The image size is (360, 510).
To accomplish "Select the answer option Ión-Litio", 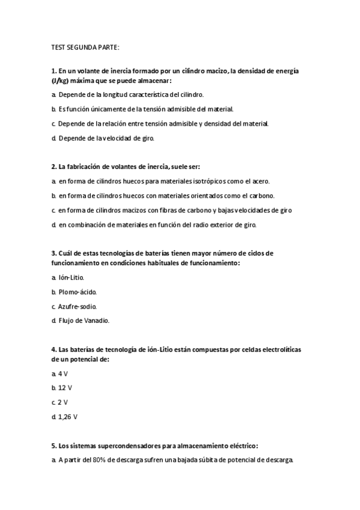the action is point(71,277).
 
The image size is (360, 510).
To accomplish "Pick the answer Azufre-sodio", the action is point(77,306).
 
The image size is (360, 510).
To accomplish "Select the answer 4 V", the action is point(63,373).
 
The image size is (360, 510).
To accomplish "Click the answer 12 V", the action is point(65,388).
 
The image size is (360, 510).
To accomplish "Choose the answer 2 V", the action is point(63,402).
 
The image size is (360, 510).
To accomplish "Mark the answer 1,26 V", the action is point(67,417).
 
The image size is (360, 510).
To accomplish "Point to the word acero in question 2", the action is point(260,181).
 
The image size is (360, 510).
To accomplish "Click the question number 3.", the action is point(53,253).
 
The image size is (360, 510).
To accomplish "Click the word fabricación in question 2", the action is point(81,167).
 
